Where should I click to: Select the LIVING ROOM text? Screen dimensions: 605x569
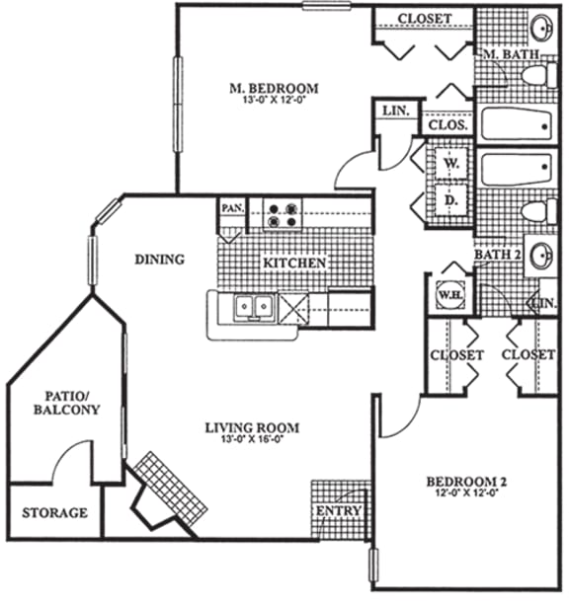[252, 427]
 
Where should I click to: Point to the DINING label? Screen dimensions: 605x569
[160, 261]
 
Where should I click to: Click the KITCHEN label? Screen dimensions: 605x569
[293, 264]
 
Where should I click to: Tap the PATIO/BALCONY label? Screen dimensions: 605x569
[67, 402]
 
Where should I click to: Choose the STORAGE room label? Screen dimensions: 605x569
[54, 513]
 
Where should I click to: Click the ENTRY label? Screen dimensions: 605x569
[337, 511]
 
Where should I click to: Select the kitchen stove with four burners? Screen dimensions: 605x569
[281, 214]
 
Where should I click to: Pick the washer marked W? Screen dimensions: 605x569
[450, 162]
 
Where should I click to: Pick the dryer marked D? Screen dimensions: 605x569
[450, 200]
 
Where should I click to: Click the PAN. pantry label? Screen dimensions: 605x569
[232, 208]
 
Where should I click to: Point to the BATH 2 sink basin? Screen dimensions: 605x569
[541, 257]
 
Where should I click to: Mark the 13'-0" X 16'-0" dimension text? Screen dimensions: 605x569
[252, 440]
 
